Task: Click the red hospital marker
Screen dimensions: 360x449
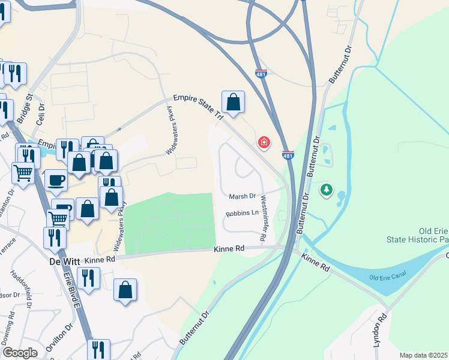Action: tap(263, 142)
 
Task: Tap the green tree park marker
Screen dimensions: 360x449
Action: tap(326, 190)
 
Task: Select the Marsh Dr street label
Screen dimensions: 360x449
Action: tap(243, 196)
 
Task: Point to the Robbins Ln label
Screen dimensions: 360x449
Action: tap(242, 213)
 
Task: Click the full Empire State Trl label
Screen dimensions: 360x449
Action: tap(198, 106)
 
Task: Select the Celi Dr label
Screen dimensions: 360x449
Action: tap(41, 112)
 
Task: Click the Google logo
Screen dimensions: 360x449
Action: tap(20, 353)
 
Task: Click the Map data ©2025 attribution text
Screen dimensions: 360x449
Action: tap(424, 355)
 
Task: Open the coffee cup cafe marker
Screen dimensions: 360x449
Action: tap(56, 180)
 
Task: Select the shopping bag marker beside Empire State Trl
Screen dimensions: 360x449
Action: tap(233, 102)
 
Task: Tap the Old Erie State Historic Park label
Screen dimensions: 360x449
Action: tap(426, 236)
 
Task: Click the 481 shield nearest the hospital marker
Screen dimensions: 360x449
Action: tap(288, 155)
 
